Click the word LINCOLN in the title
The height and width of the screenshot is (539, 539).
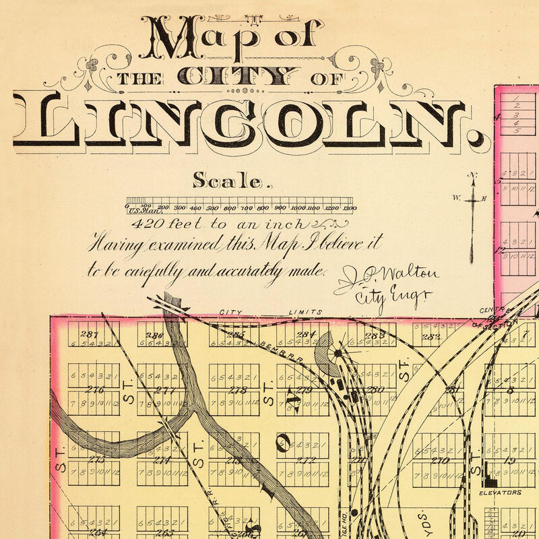(x=246, y=125)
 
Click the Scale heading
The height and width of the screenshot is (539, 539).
(x=231, y=180)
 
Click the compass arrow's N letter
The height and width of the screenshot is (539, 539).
(x=474, y=176)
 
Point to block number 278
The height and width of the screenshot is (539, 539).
(x=237, y=390)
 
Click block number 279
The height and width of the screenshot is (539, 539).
(x=304, y=390)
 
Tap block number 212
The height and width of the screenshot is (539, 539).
(x=305, y=461)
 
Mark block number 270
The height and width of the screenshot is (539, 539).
(x=440, y=461)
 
